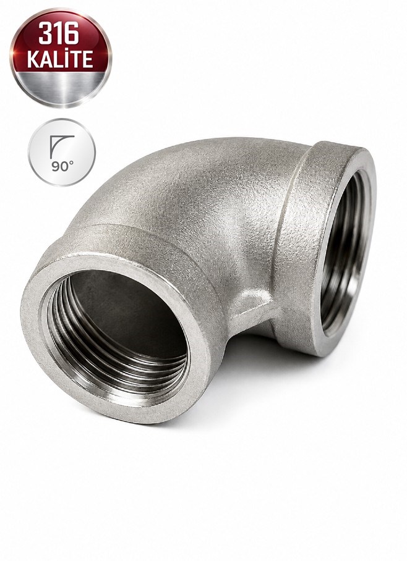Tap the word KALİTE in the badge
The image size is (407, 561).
click(x=60, y=59)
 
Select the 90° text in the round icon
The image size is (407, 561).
click(x=62, y=166)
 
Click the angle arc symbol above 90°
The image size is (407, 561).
click(x=61, y=146)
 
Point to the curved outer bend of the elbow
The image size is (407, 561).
click(x=179, y=179)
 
